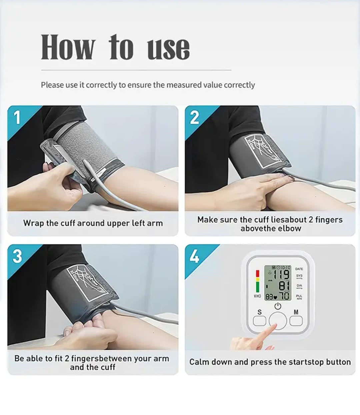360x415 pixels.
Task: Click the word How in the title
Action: point(68,47)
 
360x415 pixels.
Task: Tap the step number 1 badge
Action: point(17,118)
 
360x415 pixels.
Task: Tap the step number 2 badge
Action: point(195,118)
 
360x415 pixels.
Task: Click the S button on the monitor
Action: point(260,320)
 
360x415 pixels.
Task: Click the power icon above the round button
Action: point(278,306)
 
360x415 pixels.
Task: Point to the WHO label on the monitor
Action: point(257,296)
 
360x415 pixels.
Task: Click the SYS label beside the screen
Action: point(299,276)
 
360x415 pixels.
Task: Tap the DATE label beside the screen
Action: point(299,269)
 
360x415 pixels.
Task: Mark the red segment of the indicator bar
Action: point(257,273)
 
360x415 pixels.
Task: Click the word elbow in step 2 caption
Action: point(289,229)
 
